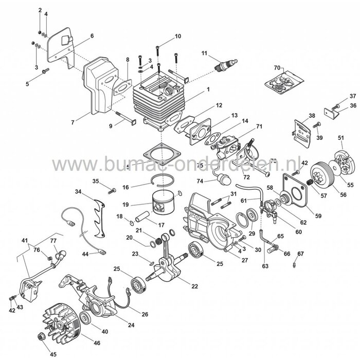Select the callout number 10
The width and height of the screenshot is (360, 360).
tap(178, 37)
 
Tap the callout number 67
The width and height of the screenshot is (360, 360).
tap(301, 253)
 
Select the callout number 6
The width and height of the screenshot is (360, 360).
tap(92, 35)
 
